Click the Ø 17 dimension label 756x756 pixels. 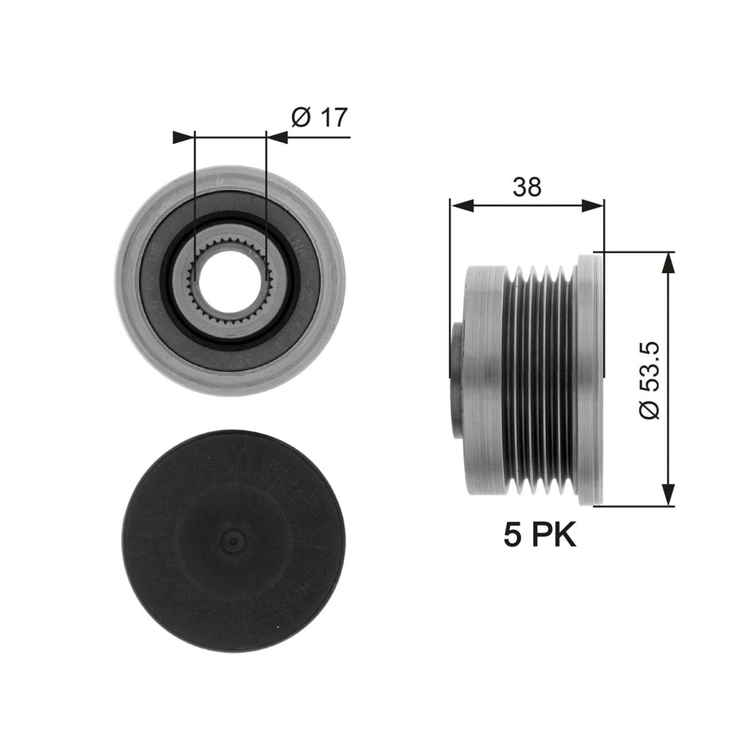(x=319, y=118)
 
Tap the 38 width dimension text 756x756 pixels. (x=527, y=187)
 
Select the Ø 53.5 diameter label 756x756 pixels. (x=649, y=379)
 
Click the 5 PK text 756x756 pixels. (x=540, y=535)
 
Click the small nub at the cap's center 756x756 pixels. (x=232, y=541)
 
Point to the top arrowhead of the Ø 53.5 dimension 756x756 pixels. (x=668, y=263)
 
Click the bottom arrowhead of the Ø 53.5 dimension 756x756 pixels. (x=668, y=494)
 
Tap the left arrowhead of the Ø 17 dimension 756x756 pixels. (x=184, y=137)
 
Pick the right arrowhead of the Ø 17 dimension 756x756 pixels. (x=277, y=137)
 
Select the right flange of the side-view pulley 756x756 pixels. (x=589, y=379)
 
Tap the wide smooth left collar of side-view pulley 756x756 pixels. (x=483, y=379)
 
